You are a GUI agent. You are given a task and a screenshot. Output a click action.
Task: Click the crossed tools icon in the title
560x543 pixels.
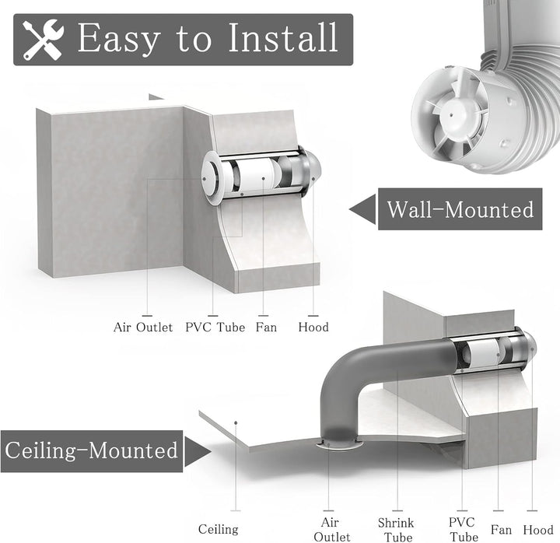tap(43, 40)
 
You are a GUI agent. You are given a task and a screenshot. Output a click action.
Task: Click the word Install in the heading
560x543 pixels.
tap(282, 37)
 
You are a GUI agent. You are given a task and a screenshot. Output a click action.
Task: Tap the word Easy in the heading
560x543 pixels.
tap(119, 40)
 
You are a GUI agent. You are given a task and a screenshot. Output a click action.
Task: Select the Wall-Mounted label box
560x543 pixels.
tap(460, 209)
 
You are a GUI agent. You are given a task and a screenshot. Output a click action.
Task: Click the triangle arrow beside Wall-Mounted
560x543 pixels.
tap(363, 209)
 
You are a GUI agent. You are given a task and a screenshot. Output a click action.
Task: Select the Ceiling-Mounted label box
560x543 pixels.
tap(92, 451)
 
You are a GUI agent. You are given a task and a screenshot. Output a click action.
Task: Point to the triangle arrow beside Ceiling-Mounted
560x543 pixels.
tap(198, 451)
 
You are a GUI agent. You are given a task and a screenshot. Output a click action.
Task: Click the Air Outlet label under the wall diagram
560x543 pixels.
tap(143, 328)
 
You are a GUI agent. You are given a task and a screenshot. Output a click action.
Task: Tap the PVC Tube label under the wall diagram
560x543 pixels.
tap(215, 328)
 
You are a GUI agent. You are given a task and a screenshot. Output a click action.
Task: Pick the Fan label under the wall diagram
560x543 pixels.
tap(266, 328)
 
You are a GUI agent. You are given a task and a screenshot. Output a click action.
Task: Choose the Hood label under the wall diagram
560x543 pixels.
tap(313, 328)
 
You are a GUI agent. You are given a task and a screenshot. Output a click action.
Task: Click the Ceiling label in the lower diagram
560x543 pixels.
tap(219, 529)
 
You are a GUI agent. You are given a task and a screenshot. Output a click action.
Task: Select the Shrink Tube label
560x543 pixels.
tap(396, 530)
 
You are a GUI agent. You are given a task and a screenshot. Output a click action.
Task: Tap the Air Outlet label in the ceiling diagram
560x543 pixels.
tap(331, 530)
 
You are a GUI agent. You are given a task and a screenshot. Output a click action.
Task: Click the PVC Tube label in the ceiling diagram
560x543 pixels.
tap(462, 530)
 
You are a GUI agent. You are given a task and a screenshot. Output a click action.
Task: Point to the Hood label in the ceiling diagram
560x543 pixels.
tap(538, 530)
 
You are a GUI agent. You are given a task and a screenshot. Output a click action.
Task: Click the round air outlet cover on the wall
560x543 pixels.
tap(212, 178)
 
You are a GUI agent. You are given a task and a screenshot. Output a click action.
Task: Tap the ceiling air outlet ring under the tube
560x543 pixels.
tap(339, 444)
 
